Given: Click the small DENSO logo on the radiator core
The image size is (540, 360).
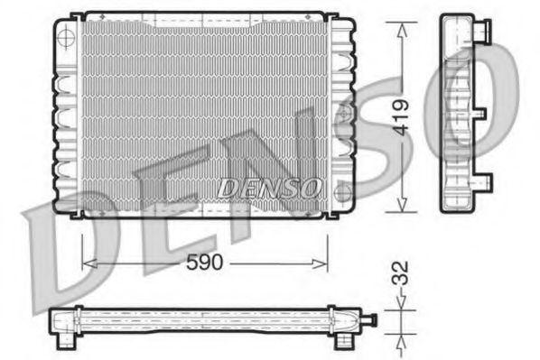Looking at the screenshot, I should coord(269,188).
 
